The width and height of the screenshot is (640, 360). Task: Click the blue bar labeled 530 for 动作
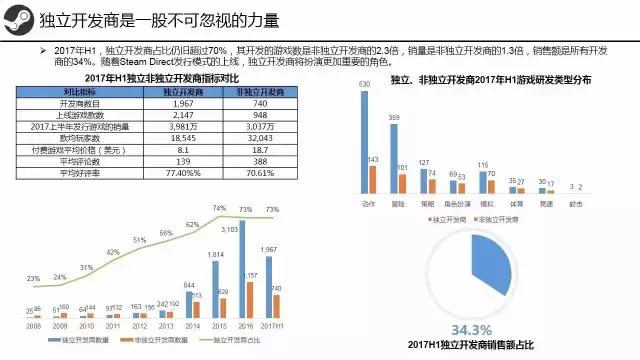(366, 140)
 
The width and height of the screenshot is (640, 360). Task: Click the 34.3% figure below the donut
(471, 329)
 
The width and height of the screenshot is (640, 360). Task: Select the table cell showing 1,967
(178, 104)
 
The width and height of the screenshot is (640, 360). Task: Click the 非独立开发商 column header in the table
(254, 92)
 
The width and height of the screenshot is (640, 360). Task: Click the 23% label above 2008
(33, 278)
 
